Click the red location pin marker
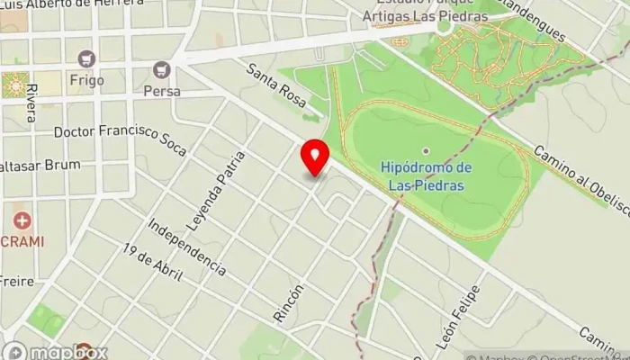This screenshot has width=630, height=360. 315,158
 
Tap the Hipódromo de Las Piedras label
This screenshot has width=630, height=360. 426,176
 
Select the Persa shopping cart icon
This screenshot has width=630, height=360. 162,69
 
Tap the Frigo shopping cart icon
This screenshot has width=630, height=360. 86,58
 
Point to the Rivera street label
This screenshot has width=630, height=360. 31,103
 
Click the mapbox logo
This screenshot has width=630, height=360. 56,352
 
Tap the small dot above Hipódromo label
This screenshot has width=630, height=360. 426,150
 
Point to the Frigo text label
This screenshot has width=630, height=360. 86,80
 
